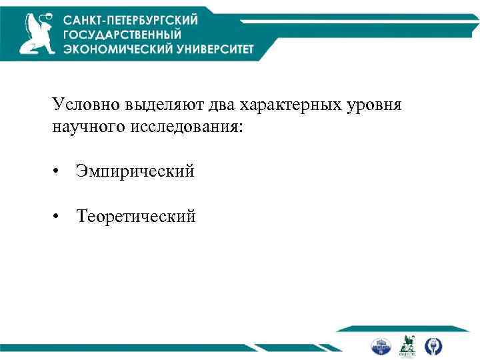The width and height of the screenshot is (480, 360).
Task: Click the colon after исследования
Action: coord(242,126)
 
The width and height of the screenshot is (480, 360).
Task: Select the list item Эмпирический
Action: coord(135,172)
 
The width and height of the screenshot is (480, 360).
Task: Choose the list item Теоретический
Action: coord(136,217)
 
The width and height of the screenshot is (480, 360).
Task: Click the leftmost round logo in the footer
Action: coord(380,345)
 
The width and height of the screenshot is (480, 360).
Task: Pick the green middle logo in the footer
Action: coord(407,345)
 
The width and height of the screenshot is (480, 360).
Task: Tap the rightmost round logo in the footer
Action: coord(433,345)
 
